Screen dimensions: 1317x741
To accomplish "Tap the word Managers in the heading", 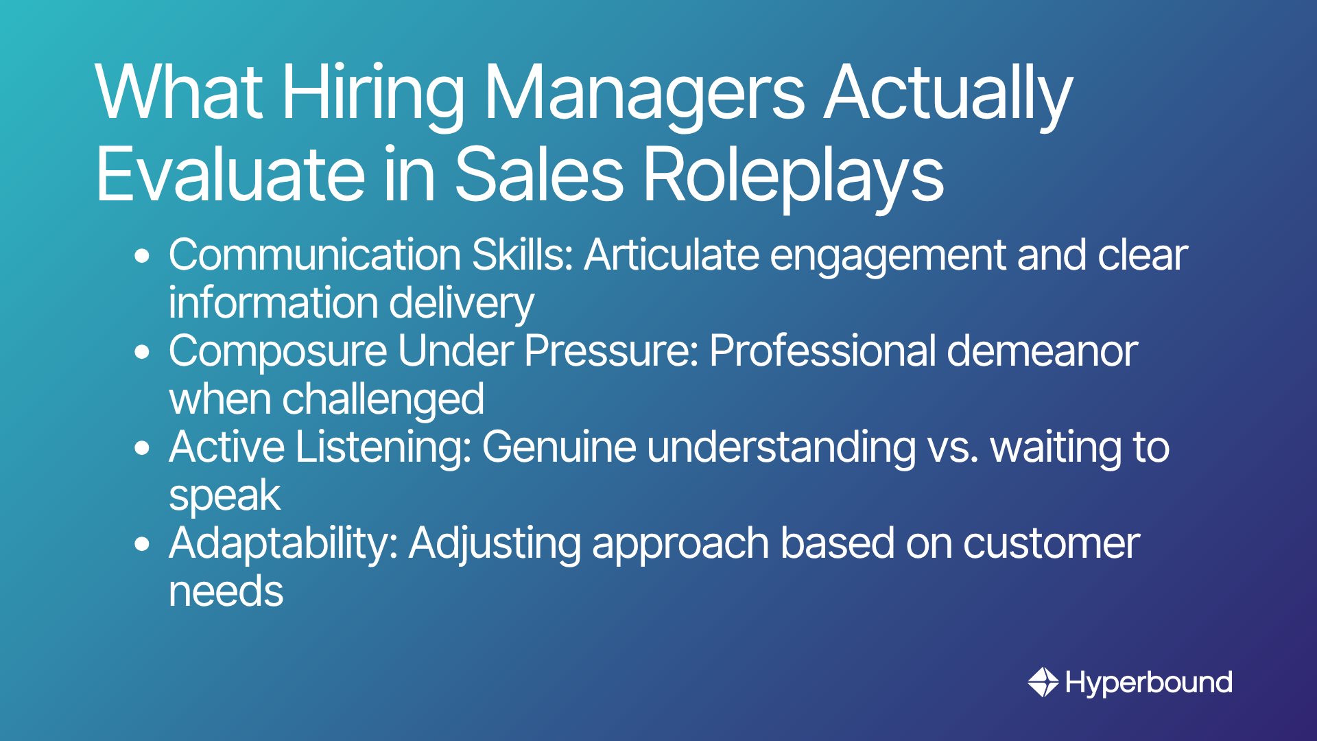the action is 645,93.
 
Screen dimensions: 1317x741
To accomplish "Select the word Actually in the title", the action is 948,93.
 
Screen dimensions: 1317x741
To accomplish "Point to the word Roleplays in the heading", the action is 793,176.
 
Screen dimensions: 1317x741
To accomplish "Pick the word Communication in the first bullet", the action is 315,255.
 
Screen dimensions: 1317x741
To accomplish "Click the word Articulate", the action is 672,255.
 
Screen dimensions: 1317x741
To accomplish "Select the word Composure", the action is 278,351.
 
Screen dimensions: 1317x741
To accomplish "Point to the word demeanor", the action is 1042,351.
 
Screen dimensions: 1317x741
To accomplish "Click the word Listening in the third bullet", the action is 383,447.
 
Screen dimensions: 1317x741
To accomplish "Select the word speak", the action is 225,495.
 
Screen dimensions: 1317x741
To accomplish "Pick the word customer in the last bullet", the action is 1051,543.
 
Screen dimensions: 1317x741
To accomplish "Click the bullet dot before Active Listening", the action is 142,448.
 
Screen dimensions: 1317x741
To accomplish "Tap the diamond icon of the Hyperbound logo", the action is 1043,682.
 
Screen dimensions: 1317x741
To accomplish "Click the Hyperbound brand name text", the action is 1149,683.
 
